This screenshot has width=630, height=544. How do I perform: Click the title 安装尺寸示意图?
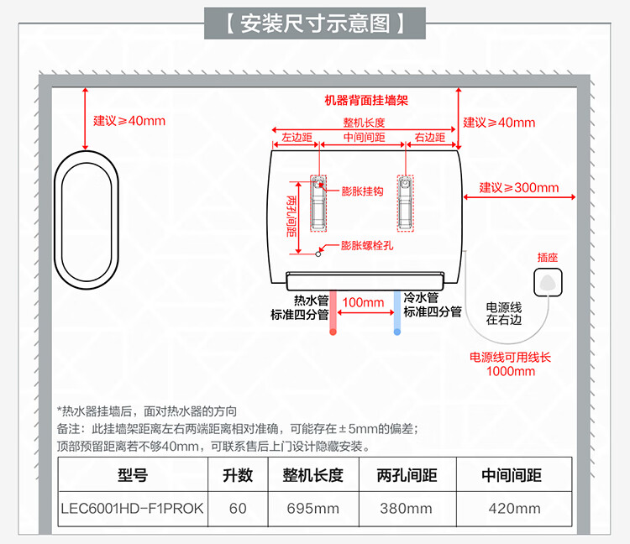(315, 23)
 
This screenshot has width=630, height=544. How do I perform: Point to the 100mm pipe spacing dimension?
(364, 302)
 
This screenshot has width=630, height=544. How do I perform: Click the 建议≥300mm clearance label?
(518, 187)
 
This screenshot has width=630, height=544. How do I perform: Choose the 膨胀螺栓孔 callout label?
(366, 246)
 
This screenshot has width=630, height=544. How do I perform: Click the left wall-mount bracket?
(319, 204)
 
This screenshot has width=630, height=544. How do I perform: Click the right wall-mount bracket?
(405, 204)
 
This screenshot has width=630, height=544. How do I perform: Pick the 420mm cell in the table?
(514, 508)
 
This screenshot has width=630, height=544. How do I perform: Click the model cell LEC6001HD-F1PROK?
(132, 508)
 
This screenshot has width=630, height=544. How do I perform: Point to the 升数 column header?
(238, 475)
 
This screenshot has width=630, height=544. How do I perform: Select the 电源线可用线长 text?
(511, 358)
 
